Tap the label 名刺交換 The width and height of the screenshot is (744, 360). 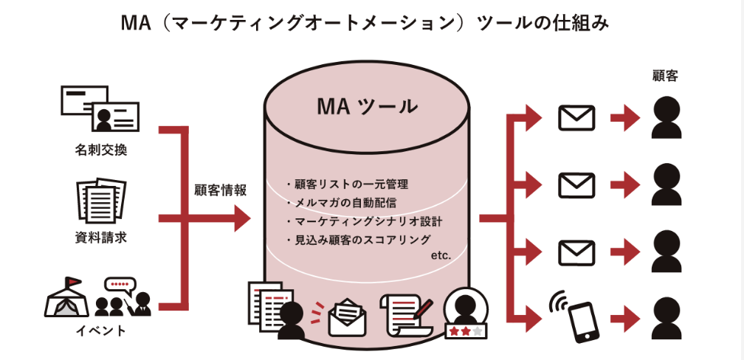tap(101, 150)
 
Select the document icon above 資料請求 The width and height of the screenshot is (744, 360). tap(101, 199)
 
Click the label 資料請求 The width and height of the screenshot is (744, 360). tap(101, 238)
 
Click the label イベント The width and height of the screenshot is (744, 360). tap(101, 330)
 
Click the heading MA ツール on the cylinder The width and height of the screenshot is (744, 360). tap(367, 107)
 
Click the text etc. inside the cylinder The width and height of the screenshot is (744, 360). tap(440, 255)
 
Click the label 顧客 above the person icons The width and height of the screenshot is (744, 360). tap(665, 75)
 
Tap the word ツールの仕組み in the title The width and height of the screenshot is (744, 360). tap(542, 24)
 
